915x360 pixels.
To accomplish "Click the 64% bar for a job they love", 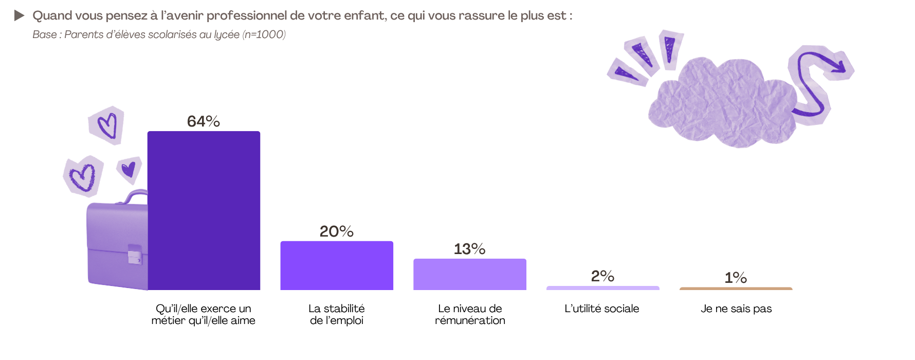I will tap(204, 211).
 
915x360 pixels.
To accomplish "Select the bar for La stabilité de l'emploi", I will tap(337, 265).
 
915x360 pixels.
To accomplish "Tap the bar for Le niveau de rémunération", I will tap(470, 274).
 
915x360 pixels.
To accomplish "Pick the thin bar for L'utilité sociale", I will tap(602, 288).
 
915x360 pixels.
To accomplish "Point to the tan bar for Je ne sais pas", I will tap(736, 289).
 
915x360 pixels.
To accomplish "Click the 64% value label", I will tap(204, 121).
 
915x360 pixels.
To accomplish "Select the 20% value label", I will tap(337, 231).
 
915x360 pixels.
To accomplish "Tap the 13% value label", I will tap(470, 249).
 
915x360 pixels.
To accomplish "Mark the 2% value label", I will tap(602, 276).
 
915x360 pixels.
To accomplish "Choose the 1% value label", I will tap(736, 278).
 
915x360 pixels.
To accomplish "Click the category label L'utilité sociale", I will tap(602, 309).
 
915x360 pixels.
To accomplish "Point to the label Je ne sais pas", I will tap(736, 309).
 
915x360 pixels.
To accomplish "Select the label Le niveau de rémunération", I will tap(470, 314).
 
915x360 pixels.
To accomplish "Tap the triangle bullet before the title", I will tap(20, 15).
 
